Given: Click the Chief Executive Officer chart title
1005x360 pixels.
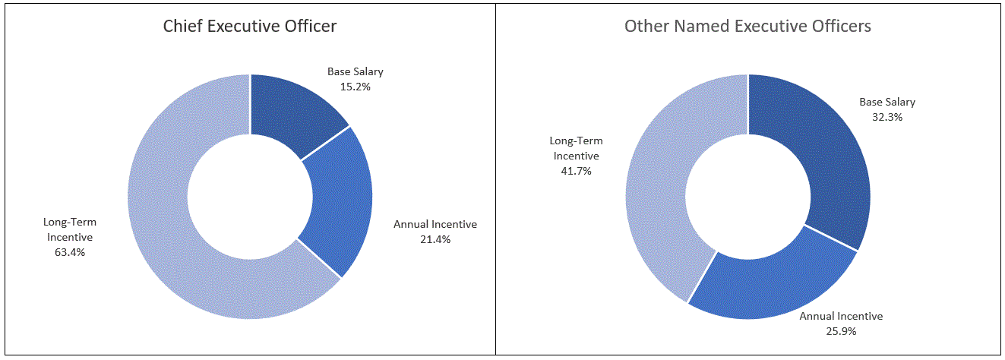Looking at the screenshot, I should (x=250, y=26).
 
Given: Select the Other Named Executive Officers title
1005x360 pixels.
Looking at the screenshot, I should (x=747, y=26).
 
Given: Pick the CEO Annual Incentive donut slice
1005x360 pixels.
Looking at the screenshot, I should (x=338, y=205).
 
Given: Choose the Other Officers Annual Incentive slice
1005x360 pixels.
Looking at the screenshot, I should (x=767, y=281).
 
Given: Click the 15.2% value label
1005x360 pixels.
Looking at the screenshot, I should (x=356, y=87).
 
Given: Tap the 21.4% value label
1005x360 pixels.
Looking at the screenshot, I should (x=435, y=239).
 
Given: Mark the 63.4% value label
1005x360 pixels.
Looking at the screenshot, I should (x=70, y=252).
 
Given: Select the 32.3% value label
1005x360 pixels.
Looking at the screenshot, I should (x=887, y=117).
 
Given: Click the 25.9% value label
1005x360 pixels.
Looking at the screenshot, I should (x=841, y=331).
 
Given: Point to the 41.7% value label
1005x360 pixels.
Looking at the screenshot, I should (x=576, y=171).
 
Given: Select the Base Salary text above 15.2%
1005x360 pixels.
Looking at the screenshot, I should (x=356, y=72).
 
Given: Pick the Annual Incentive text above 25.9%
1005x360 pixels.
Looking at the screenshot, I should (x=841, y=316).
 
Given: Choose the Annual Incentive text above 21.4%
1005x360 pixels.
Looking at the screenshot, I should (x=435, y=224).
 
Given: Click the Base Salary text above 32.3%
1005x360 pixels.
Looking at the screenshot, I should (x=887, y=102).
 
